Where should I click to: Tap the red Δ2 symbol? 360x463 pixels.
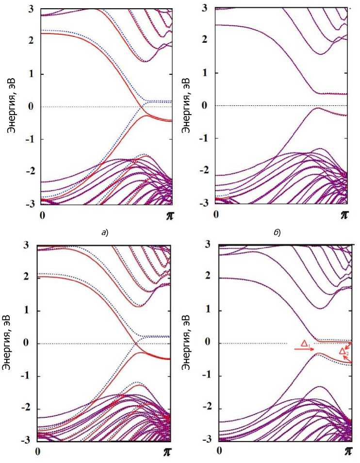[x=343, y=351]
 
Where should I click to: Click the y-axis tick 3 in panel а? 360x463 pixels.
[x=31, y=9]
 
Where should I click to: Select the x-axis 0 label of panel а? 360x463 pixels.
[x=43, y=215]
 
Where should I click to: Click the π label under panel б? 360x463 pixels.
[x=344, y=215]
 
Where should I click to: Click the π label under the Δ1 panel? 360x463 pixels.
[x=348, y=451]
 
